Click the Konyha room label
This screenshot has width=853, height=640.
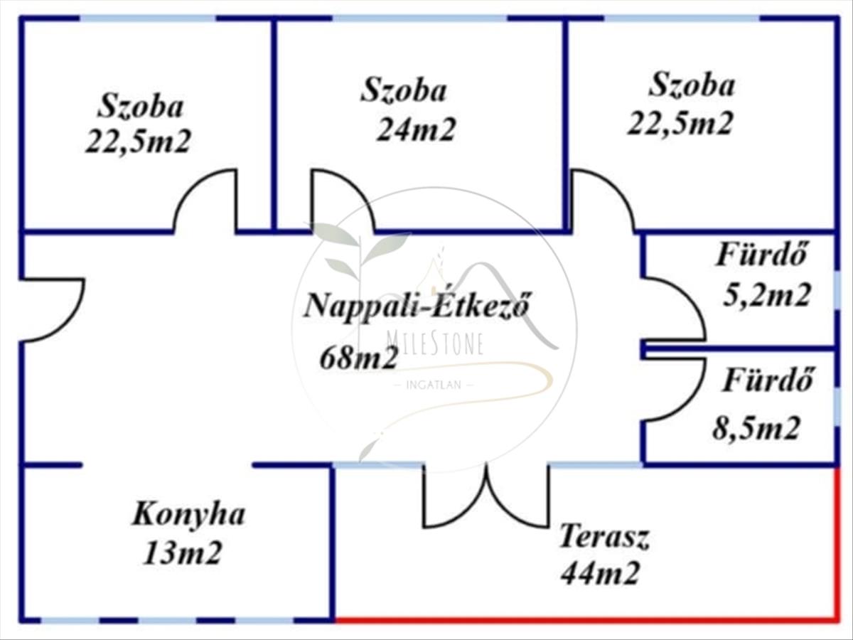click(189, 516)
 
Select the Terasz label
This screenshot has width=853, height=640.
click(604, 537)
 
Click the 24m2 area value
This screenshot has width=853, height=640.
click(415, 129)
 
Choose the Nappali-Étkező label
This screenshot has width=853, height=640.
click(417, 306)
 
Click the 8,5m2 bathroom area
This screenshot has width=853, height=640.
click(756, 429)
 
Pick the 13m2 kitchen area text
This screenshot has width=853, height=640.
click(183, 553)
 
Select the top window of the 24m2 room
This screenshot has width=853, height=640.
click(421, 18)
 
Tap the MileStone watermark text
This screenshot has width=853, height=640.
click(435, 344)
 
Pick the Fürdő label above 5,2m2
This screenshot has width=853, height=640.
click(760, 255)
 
